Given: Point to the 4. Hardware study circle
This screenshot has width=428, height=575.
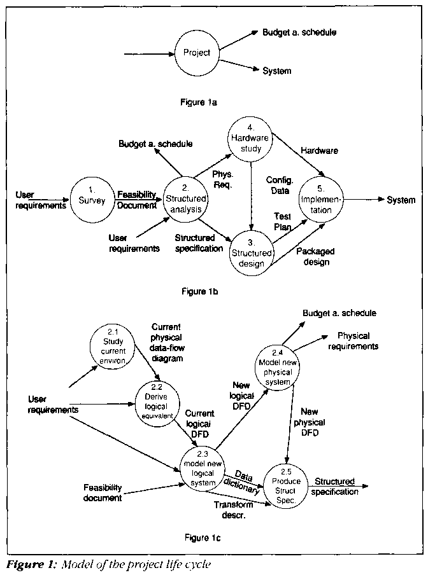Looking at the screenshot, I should [x=249, y=142].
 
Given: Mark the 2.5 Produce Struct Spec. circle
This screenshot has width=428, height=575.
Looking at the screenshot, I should [x=286, y=487].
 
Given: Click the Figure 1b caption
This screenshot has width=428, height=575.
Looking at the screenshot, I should [x=199, y=291].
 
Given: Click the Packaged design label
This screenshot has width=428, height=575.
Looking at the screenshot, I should [x=313, y=256].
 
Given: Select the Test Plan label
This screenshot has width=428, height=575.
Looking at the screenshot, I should [x=283, y=221].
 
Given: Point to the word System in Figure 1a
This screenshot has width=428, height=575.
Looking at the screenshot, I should [x=277, y=71].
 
